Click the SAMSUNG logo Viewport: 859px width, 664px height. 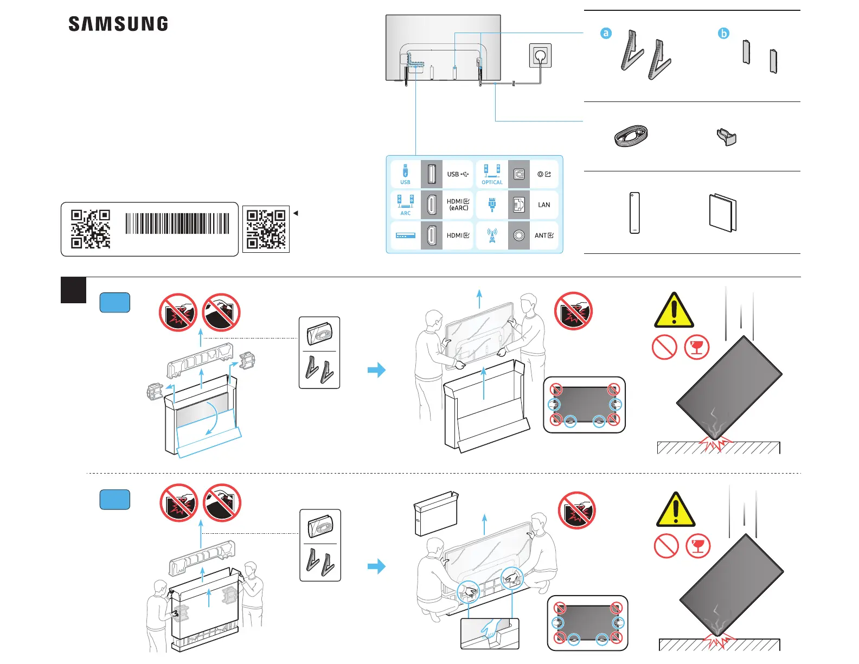[118, 24]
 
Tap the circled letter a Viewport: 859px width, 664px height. [606, 33]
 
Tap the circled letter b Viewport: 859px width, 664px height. [723, 33]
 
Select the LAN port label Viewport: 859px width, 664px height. [544, 205]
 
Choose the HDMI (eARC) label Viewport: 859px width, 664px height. [458, 205]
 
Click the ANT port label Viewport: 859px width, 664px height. [544, 235]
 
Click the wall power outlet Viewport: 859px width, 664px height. [540, 56]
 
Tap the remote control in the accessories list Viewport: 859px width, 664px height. [634, 213]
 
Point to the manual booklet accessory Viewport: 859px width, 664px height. [723, 213]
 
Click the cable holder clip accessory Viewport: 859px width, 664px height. [727, 137]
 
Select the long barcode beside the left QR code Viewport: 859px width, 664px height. [177, 224]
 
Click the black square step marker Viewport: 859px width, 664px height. [73, 290]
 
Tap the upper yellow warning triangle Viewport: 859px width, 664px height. [674, 311]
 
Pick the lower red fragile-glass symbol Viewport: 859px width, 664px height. [698, 546]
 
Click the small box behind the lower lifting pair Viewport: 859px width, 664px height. [436, 513]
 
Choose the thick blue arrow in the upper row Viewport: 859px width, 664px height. [376, 370]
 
